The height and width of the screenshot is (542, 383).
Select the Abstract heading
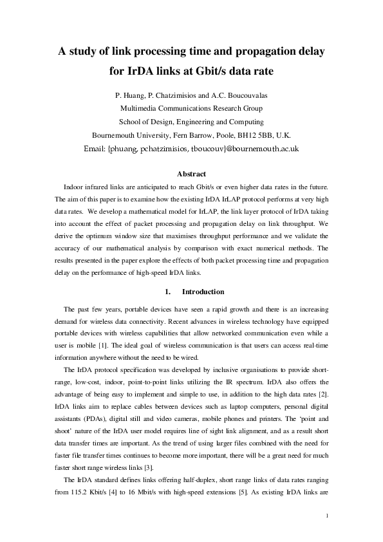pos(191,174)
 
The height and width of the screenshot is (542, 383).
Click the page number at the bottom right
pos(328,516)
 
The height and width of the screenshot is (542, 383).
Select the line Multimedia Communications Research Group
pos(191,108)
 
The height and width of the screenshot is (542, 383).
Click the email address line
pos(191,148)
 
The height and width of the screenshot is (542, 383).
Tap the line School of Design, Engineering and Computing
pos(191,122)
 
